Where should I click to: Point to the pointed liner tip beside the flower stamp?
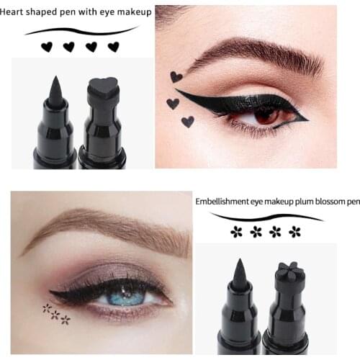point(239,271)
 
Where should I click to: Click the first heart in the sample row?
point(47,47)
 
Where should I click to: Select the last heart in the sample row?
point(113,47)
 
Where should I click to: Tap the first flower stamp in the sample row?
point(236,232)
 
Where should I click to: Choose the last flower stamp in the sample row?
point(294,232)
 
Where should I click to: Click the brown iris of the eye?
point(266,114)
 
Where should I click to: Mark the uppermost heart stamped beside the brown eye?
point(176,76)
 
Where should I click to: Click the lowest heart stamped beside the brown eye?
point(188,122)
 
